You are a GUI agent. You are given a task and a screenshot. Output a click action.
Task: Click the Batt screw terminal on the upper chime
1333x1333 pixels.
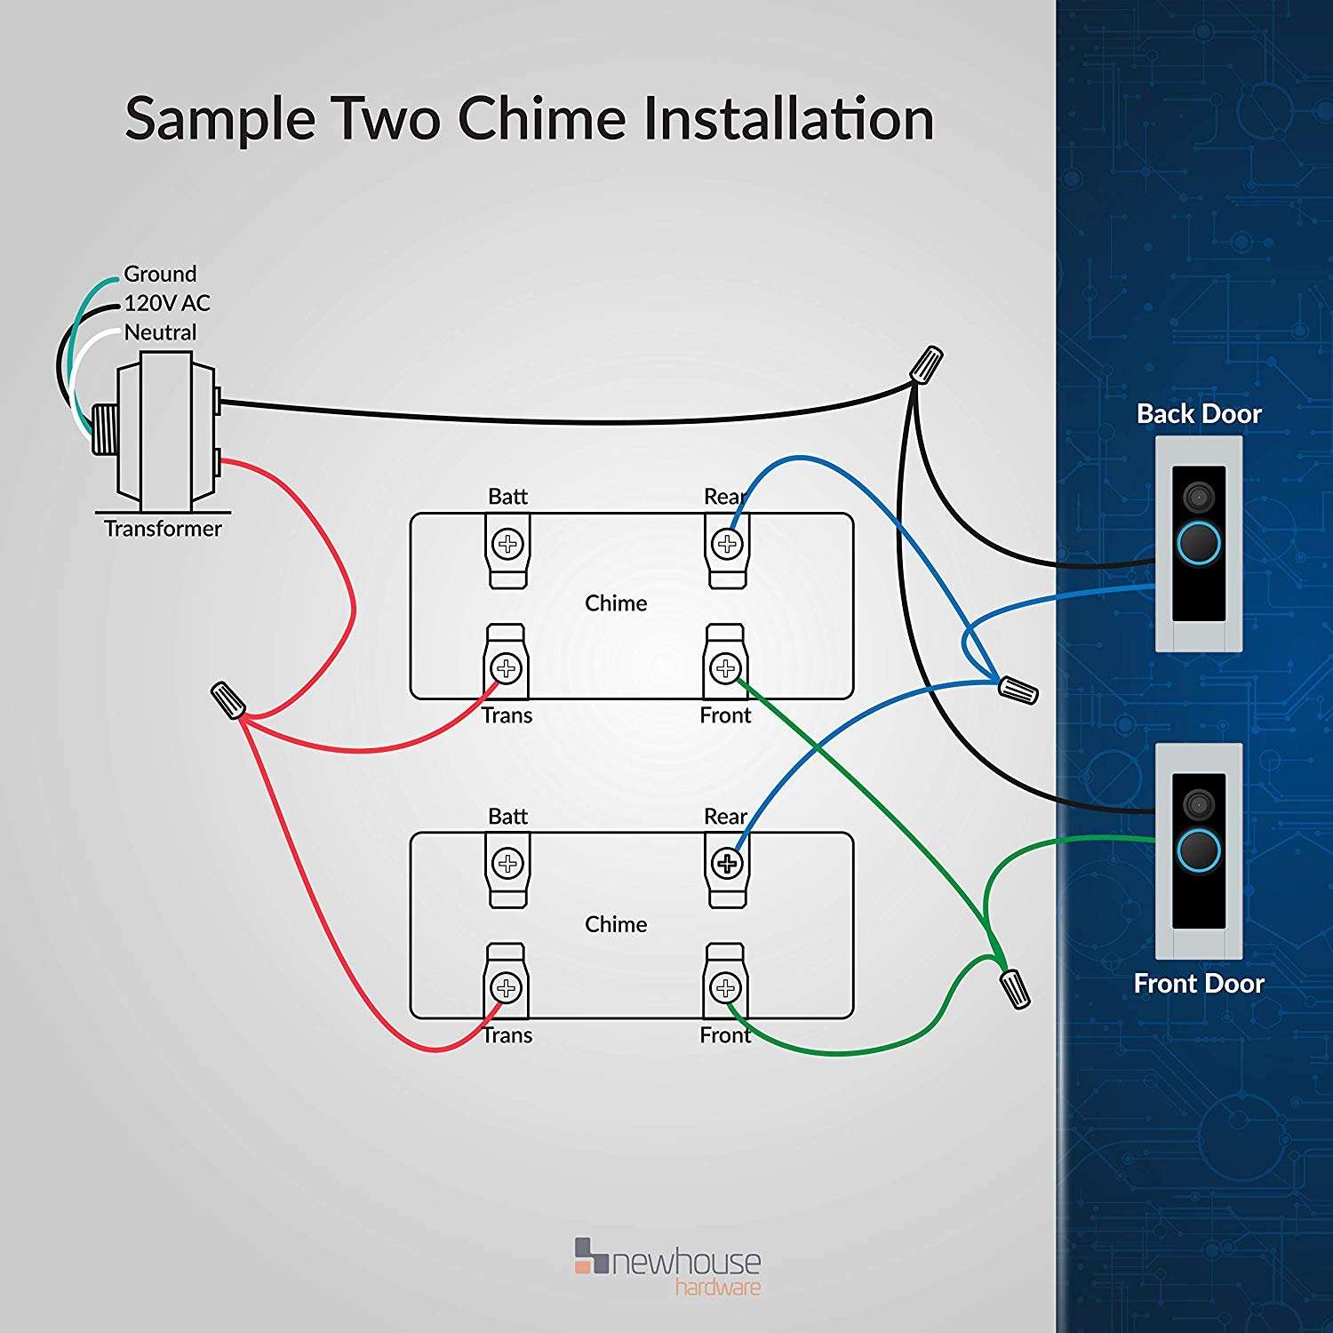click(x=508, y=544)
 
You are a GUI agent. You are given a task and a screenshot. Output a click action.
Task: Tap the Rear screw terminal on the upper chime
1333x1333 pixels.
click(x=727, y=544)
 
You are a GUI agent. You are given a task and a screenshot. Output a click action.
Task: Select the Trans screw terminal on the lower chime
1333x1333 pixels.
click(x=507, y=987)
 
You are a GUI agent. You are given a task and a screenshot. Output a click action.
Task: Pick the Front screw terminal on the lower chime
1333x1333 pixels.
click(x=726, y=987)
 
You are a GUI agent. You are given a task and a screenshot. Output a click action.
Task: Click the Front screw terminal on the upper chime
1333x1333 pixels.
click(x=726, y=668)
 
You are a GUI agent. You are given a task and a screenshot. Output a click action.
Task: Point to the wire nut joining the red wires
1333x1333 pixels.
click(x=228, y=699)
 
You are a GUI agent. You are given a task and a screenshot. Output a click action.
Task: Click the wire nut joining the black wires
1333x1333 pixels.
click(x=928, y=363)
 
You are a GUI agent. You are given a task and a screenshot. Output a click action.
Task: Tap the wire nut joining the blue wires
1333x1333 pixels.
click(x=1018, y=689)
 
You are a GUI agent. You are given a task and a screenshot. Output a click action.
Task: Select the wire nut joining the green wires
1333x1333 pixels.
click(x=1015, y=988)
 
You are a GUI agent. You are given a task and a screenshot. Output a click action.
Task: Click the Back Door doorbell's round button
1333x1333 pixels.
click(x=1199, y=541)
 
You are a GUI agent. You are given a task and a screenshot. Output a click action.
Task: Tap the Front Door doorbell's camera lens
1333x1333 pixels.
click(x=1199, y=804)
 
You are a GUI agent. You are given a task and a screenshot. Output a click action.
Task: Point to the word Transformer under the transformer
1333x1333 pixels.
click(x=163, y=529)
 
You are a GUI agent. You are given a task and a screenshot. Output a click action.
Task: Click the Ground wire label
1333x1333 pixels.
click(x=160, y=274)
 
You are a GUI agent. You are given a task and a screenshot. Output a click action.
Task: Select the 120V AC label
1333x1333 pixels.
click(x=167, y=303)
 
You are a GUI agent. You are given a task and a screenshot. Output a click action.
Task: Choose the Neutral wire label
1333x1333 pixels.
click(x=160, y=332)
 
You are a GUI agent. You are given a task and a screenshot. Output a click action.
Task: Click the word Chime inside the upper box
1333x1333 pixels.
click(x=616, y=603)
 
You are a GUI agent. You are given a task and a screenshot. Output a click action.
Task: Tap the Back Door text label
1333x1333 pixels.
click(x=1199, y=414)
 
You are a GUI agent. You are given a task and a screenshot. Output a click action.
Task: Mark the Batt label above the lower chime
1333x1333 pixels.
click(x=507, y=816)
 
